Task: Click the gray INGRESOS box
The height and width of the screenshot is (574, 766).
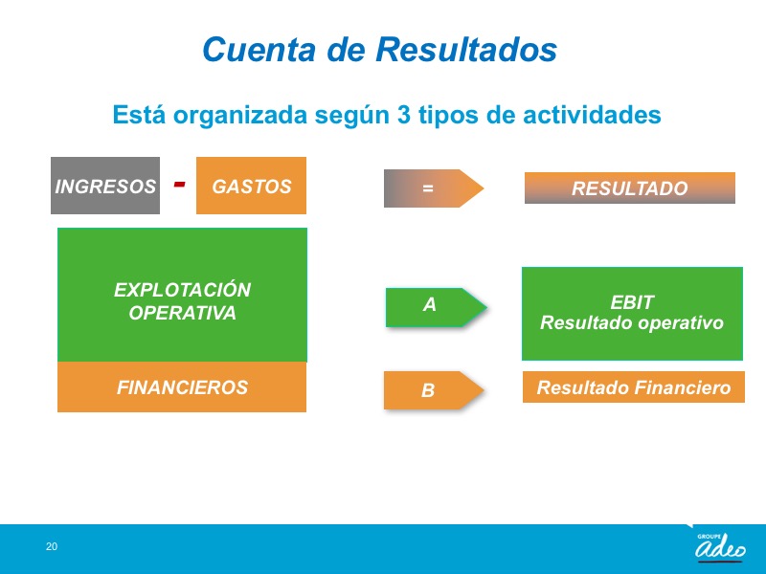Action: coord(105,186)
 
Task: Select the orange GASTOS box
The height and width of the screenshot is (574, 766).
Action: coord(251,186)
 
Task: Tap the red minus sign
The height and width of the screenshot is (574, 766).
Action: coord(180,184)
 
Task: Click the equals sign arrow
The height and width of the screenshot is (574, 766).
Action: coord(434,188)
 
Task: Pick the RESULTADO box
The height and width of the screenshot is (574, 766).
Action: coord(630,188)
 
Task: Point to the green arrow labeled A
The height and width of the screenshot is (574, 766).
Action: coord(436,307)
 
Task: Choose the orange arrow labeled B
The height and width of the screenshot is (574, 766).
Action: coord(434,390)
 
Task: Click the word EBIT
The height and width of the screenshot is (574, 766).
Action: coord(632,302)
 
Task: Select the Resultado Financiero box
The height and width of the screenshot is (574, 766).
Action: coord(634,387)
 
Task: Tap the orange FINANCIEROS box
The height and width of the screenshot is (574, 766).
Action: coord(182,387)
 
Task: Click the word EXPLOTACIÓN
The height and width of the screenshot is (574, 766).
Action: coord(182,290)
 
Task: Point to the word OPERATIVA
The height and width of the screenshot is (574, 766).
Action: coord(182,313)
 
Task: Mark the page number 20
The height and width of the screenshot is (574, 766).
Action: coord(52,546)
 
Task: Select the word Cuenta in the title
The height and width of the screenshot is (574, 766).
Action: coord(259,50)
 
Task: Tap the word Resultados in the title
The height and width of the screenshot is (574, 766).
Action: coord(466,50)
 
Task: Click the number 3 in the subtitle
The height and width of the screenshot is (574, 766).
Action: coord(403,115)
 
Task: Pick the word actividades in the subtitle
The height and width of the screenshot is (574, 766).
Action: coord(592,115)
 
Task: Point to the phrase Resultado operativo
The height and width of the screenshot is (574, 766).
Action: coord(632,323)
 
